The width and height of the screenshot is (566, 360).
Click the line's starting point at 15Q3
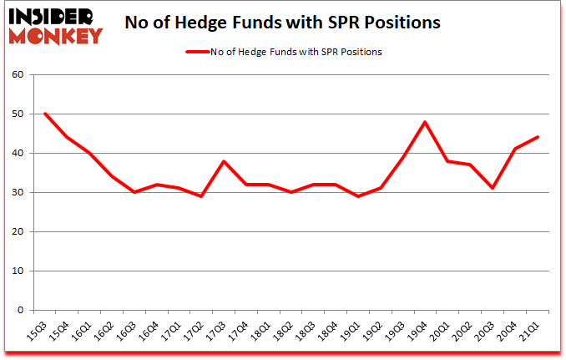click(x=44, y=114)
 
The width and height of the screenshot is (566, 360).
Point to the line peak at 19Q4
click(x=426, y=122)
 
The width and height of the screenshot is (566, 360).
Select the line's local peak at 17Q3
click(x=223, y=161)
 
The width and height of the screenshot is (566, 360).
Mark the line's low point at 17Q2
click(x=200, y=196)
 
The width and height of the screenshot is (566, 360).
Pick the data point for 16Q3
click(x=134, y=192)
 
